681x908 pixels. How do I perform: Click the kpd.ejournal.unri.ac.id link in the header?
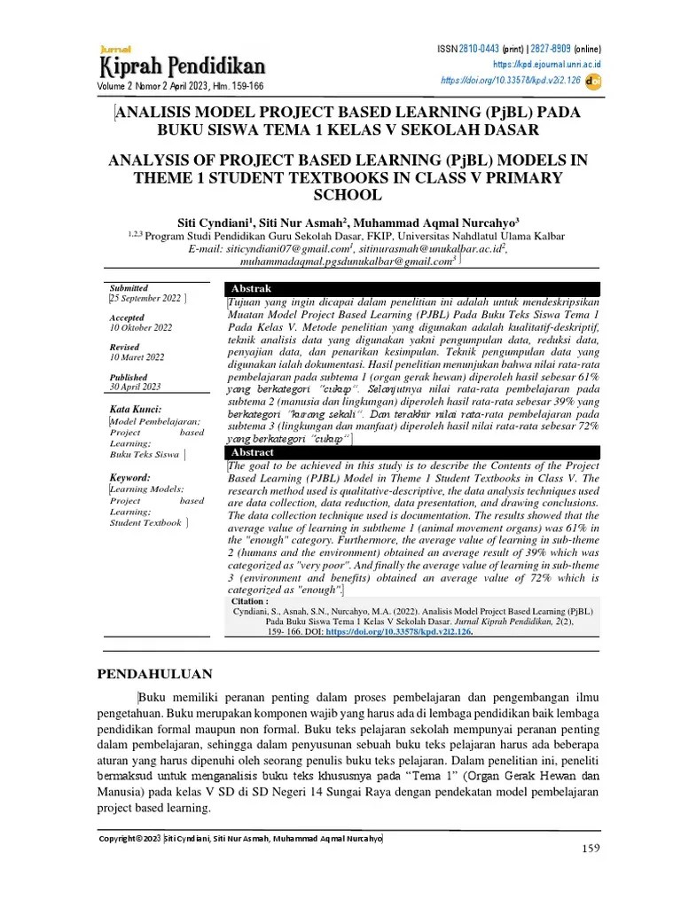click(547, 65)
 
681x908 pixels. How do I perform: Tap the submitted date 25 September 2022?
click(144, 299)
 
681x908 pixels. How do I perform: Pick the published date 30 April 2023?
click(135, 387)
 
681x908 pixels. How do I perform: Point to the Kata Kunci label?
click(136, 410)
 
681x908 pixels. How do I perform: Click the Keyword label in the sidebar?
click(130, 477)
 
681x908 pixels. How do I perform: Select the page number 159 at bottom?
click(591, 849)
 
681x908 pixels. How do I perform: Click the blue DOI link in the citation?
click(398, 632)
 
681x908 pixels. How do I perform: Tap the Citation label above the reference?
click(248, 601)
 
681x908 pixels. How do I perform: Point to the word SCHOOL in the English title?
click(340, 195)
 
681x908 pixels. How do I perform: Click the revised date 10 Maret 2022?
click(137, 357)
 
